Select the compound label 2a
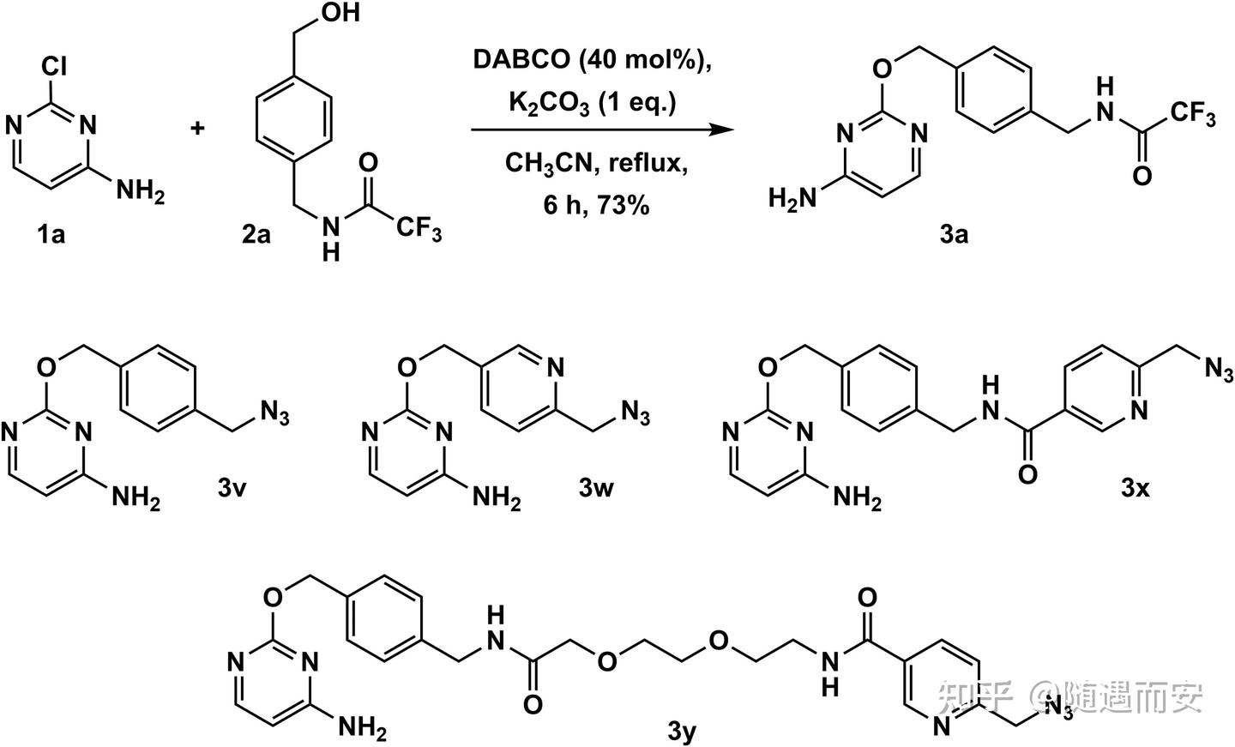[255, 233]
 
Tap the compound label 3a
[953, 233]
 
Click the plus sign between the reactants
[198, 129]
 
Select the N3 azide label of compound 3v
[275, 416]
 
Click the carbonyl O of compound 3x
[1027, 473]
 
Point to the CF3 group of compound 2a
[418, 230]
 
